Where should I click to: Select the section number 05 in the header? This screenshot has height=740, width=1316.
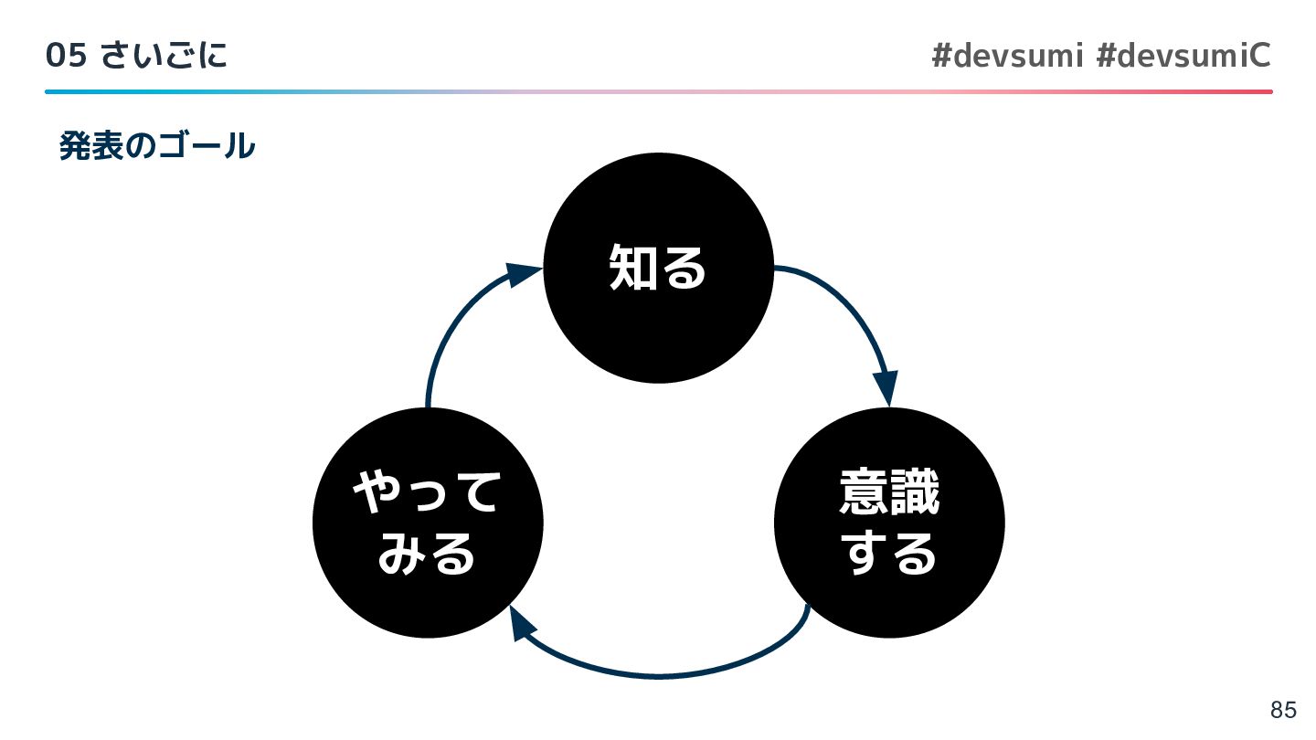[66, 57]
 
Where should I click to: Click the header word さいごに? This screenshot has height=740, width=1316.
[164, 57]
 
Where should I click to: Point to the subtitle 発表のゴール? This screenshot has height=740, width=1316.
[156, 146]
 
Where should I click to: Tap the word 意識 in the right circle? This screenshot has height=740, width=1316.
[889, 493]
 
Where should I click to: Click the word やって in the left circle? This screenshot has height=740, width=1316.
[427, 493]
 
